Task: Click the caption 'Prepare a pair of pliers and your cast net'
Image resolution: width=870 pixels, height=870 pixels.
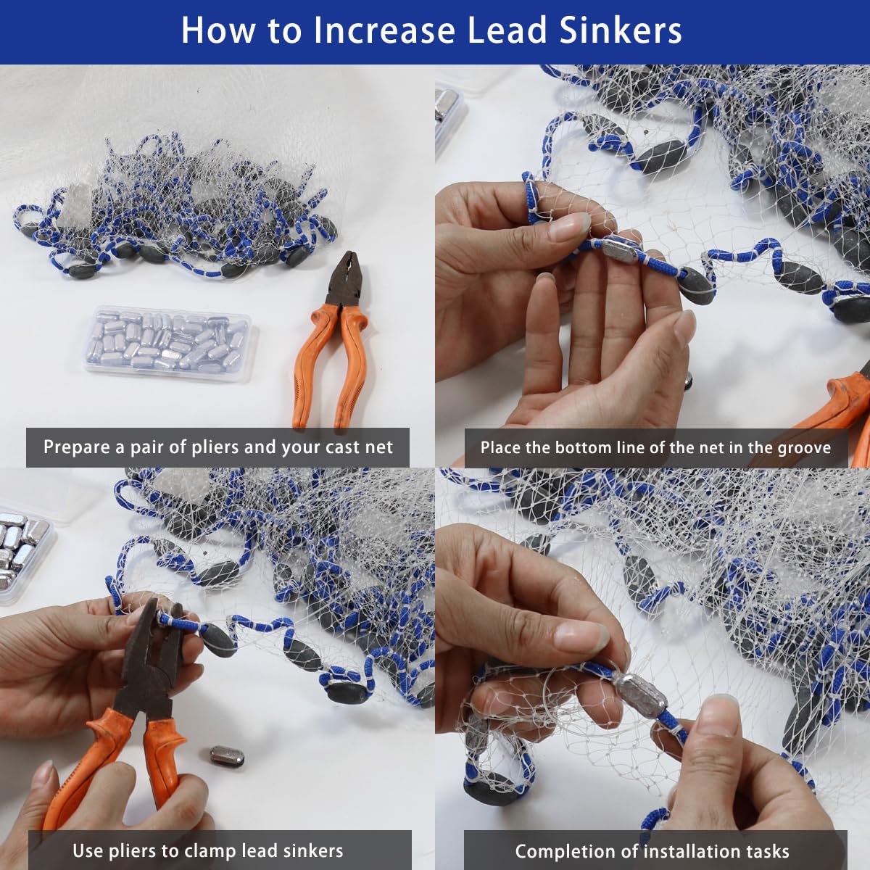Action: (x=217, y=447)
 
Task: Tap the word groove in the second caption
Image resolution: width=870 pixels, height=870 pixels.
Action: (x=803, y=447)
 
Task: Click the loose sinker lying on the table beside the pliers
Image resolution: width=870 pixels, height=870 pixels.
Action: (x=227, y=757)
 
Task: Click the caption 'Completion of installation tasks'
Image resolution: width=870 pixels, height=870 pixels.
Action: (x=652, y=851)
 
